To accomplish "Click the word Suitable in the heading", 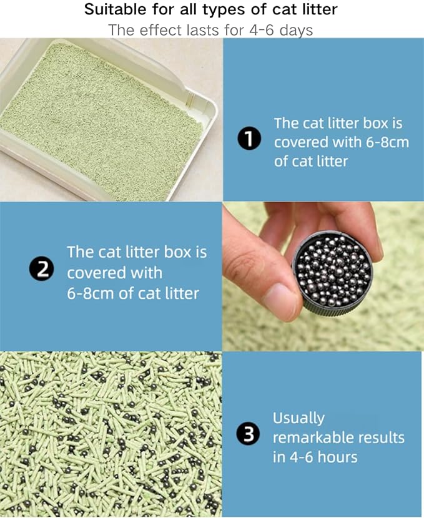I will click(114, 10).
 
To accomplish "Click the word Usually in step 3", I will click(298, 418).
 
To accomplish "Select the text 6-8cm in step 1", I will click(382, 142).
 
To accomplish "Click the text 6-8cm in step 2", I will click(91, 293).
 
